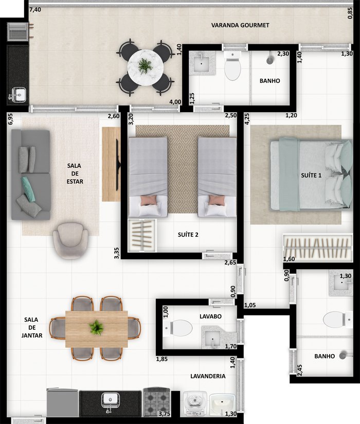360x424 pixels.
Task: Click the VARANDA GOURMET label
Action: [240, 25]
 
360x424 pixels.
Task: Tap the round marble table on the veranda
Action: [145, 67]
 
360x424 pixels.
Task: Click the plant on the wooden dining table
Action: [96, 327]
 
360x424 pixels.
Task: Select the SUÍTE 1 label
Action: [311, 175]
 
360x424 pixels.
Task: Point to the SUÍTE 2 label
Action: [188, 235]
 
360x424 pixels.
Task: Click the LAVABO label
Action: [210, 316]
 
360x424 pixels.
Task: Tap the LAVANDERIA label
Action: [208, 376]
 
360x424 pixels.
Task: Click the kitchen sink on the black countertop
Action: [110, 401]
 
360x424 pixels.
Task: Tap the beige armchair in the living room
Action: [70, 240]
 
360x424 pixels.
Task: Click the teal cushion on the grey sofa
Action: [28, 189]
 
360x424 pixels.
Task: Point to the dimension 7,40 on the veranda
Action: [35, 10]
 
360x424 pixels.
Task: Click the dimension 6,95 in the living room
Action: [10, 119]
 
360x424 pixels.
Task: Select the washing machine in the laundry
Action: [194, 404]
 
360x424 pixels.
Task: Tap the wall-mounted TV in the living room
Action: [118, 165]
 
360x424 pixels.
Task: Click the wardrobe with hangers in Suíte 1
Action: [318, 248]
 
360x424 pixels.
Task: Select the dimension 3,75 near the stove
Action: [165, 414]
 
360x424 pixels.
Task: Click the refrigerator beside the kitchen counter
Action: [62, 402]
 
